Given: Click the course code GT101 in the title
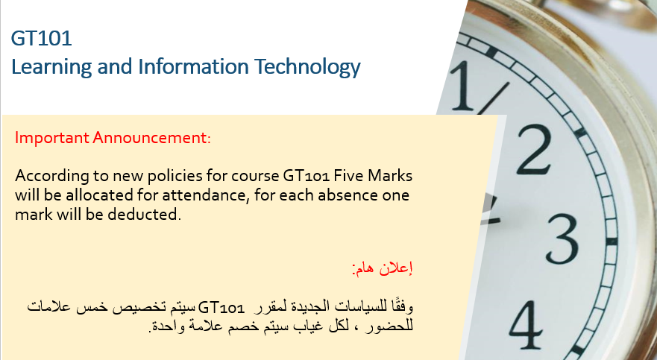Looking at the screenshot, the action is click(42, 38).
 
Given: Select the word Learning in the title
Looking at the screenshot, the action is click(51, 67).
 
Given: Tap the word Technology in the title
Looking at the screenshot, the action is click(307, 67).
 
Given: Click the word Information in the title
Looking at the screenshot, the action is click(194, 66).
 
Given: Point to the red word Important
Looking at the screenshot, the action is click(52, 138).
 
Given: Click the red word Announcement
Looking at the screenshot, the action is click(151, 137).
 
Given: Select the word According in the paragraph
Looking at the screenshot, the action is click(52, 176).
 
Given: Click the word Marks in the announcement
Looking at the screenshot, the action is click(390, 175).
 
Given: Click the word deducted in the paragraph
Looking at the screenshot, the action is click(144, 215).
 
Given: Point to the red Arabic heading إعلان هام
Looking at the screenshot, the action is click(383, 268).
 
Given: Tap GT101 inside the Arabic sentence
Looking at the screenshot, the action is click(221, 308).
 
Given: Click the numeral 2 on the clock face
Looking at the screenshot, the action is click(534, 151).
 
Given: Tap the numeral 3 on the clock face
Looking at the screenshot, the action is click(562, 239).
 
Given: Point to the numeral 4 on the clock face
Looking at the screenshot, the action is click(526, 325).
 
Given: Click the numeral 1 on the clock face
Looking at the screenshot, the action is click(462, 86).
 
